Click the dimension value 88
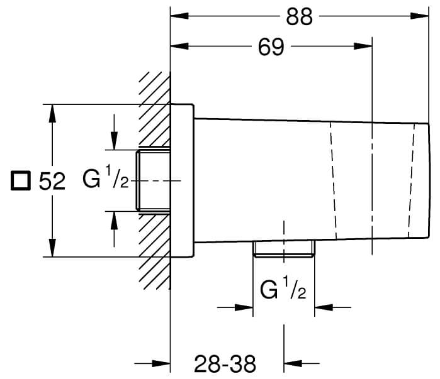coord(298,17)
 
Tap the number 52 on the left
coord(52,182)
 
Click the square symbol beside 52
coord(21,182)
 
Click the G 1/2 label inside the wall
coord(106,180)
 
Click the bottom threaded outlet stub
coord(283,249)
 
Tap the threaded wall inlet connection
coord(154,180)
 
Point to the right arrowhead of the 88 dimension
coord(419,17)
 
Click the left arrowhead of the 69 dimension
coord(179,46)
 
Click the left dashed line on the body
coord(334,180)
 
